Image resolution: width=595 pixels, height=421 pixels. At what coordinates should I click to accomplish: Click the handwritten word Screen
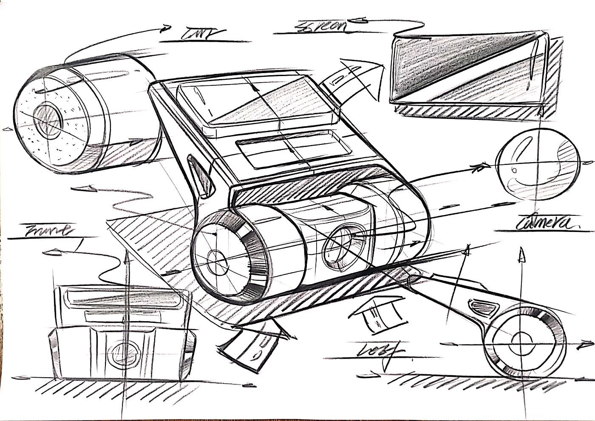pyautogui.click(x=321, y=26)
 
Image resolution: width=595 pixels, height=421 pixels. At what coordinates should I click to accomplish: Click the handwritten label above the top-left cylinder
pyautogui.click(x=202, y=34)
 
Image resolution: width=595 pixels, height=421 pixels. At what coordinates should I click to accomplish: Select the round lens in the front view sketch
pyautogui.click(x=123, y=353)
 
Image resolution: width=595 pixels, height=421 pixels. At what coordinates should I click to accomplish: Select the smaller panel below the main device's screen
pyautogui.click(x=293, y=149)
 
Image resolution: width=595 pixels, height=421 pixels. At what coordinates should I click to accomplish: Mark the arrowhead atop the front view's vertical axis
pyautogui.click(x=127, y=255)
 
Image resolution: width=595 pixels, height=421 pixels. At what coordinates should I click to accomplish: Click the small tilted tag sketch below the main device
pyautogui.click(x=251, y=344)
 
